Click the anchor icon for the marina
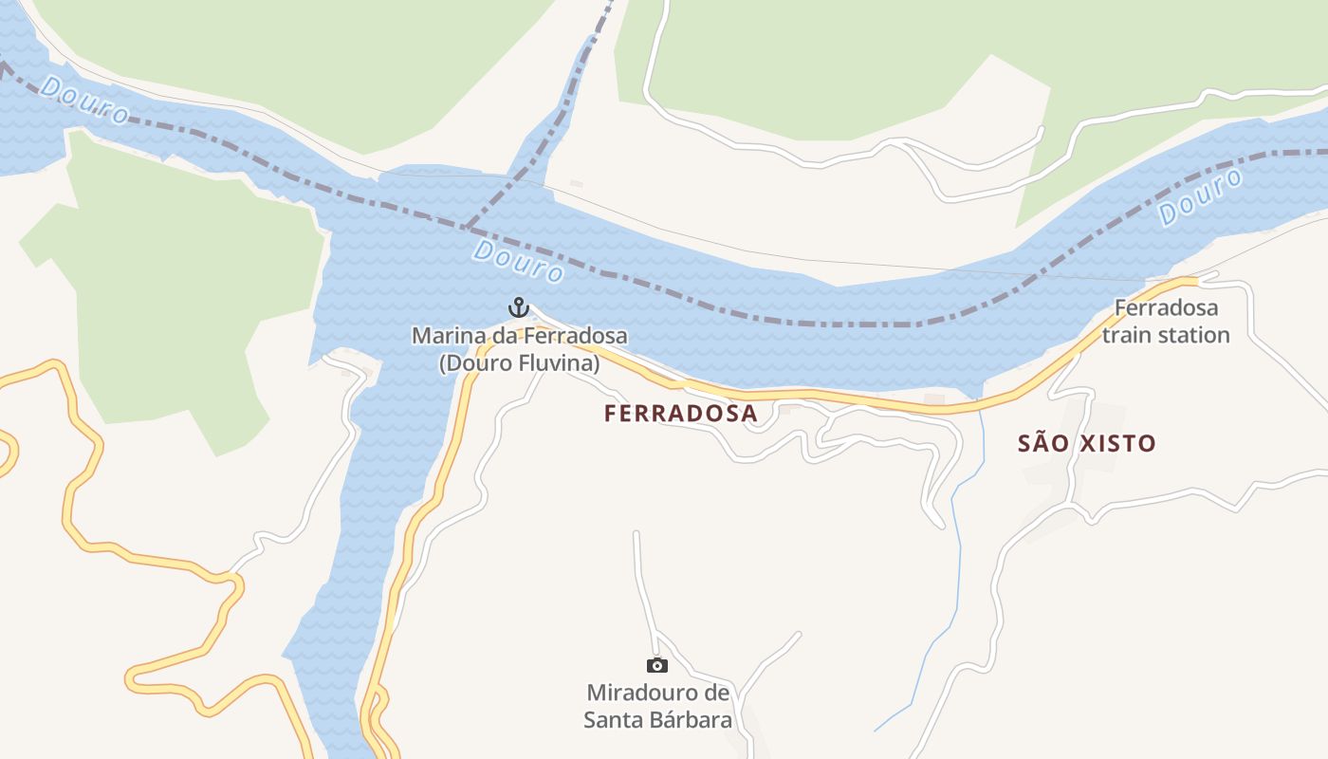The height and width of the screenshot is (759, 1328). (518, 307)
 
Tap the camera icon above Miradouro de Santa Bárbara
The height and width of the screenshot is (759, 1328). (656, 665)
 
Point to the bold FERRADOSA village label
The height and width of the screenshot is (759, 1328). (680, 414)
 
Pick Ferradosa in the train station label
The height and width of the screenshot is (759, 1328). (1166, 308)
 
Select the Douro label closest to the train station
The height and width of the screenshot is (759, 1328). (1201, 197)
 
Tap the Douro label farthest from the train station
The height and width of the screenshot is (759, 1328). (84, 101)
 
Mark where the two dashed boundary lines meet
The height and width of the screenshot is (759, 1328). (467, 228)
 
